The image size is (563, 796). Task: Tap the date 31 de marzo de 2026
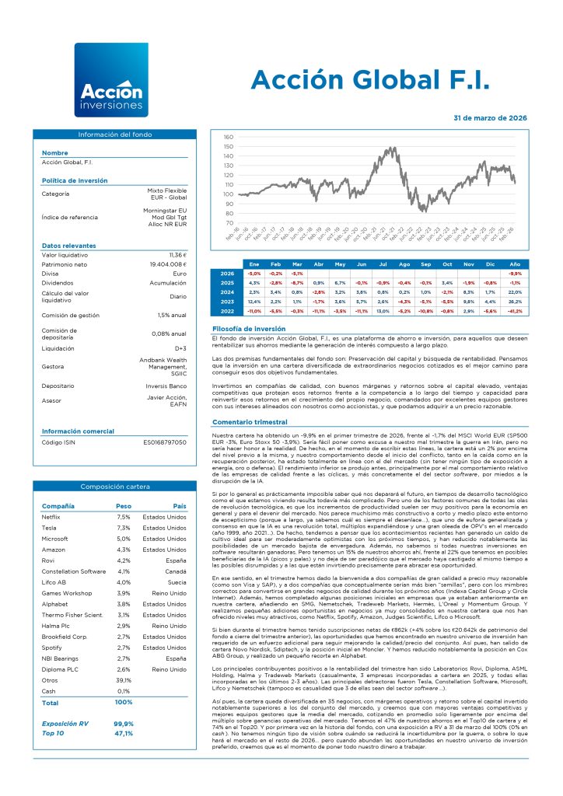pos(489,117)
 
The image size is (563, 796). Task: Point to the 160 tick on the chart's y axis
pos(228,137)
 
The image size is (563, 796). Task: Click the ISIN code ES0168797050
pos(165,442)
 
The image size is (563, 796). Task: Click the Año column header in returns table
pos(514,264)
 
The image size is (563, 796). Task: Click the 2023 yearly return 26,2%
pos(514,301)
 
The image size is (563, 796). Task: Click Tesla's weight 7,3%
pos(124,527)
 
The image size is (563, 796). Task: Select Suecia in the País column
pos(176,581)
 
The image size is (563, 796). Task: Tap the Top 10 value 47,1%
pos(123,733)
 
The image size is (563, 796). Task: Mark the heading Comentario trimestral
pos(250,421)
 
